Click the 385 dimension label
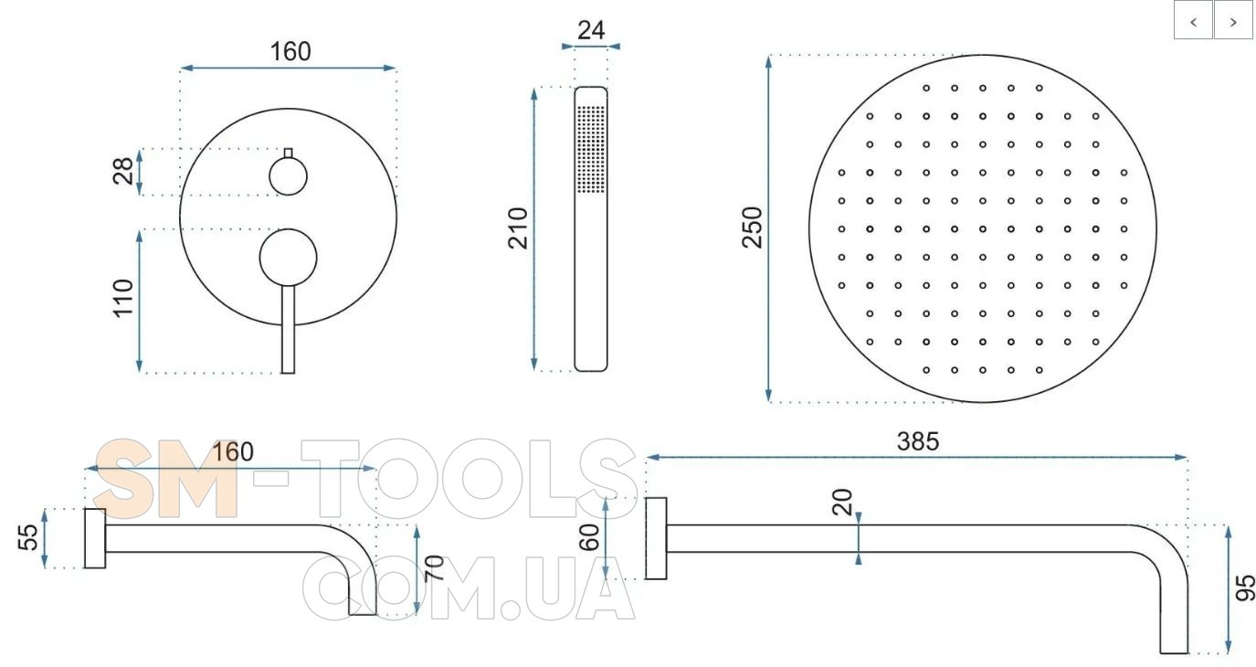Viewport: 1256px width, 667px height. [918, 441]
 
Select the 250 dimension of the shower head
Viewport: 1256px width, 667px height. [752, 228]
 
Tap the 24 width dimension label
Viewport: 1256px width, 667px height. [591, 30]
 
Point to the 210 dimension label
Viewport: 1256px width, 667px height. [518, 228]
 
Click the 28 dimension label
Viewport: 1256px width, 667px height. [123, 171]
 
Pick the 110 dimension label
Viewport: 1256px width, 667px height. [123, 298]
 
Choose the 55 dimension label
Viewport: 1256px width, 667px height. [28, 537]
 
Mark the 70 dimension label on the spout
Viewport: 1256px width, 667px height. [435, 568]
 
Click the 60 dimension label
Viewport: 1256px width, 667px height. [589, 537]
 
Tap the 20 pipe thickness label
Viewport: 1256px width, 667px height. [842, 502]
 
